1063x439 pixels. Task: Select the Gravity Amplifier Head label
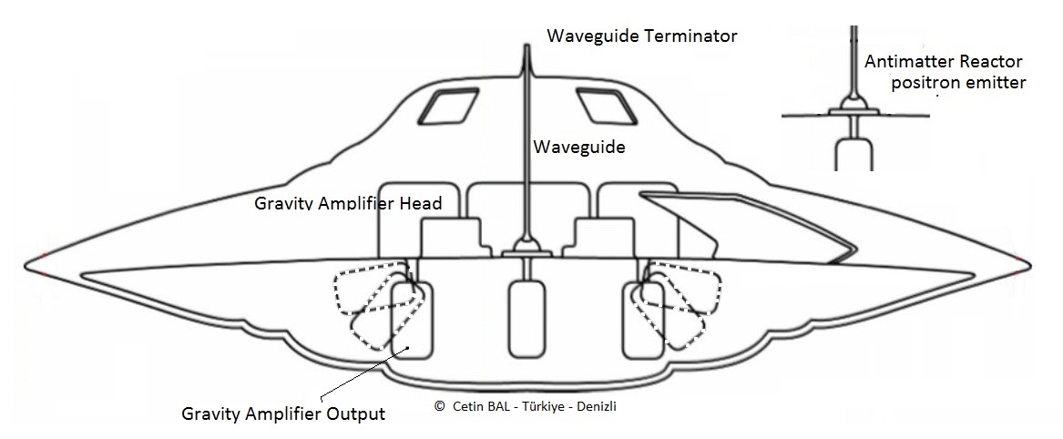pyautogui.click(x=347, y=202)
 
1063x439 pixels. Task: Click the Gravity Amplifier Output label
pyautogui.click(x=283, y=413)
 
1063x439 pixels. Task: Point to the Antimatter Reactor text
pyautogui.click(x=944, y=62)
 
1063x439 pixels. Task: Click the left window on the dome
pyautogui.click(x=445, y=107)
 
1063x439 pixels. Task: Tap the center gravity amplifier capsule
pyautogui.click(x=526, y=318)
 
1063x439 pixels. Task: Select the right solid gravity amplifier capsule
pyautogui.click(x=640, y=320)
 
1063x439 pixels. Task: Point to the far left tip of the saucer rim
pyautogui.click(x=27, y=266)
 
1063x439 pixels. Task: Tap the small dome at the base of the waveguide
pyautogui.click(x=526, y=244)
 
